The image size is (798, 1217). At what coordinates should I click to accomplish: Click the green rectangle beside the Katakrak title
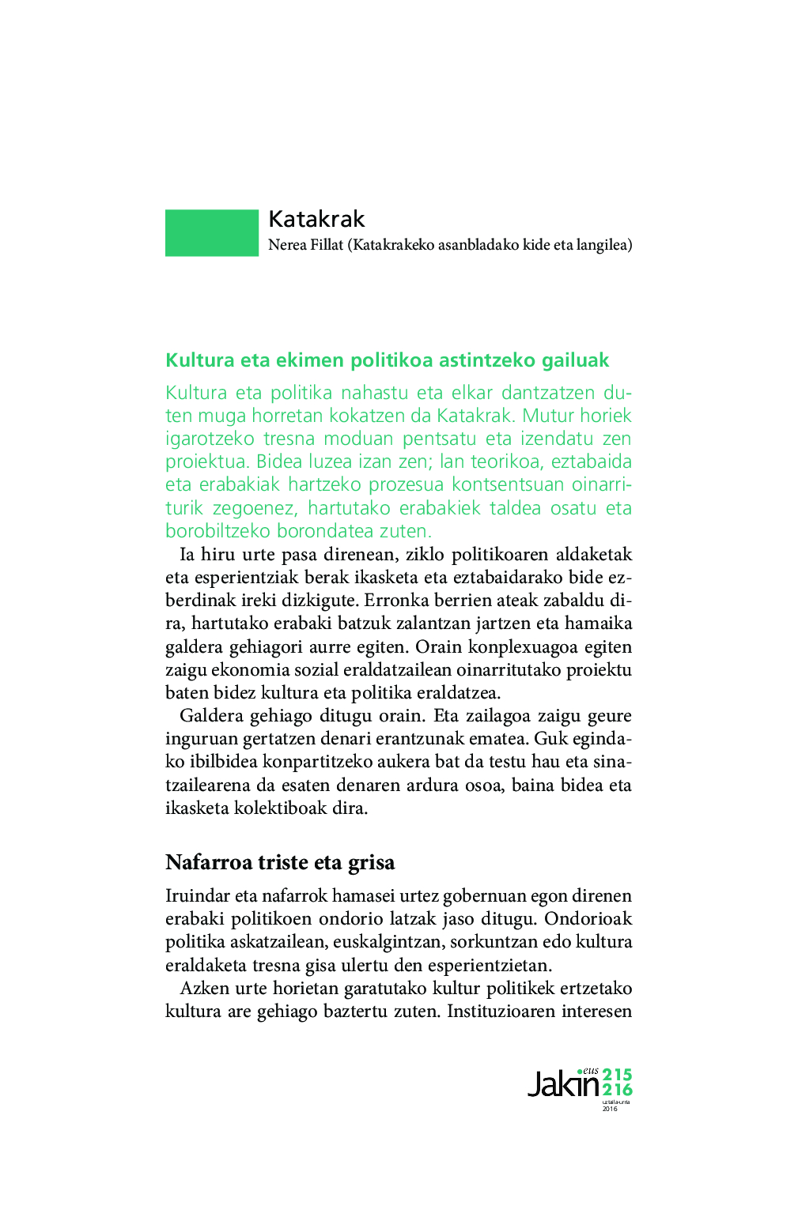click(x=211, y=232)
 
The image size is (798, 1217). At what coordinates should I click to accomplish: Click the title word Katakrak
click(x=316, y=219)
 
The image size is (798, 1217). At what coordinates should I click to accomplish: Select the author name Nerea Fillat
click(x=305, y=245)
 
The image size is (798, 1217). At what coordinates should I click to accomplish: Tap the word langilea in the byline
click(x=604, y=245)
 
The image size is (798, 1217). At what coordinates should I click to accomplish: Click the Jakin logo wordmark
click(x=563, y=1084)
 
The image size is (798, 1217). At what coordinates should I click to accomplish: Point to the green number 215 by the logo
click(x=617, y=1075)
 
